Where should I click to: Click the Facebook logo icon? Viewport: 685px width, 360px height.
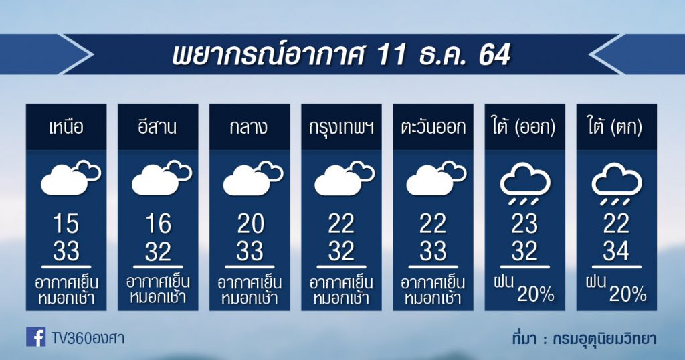click(36, 337)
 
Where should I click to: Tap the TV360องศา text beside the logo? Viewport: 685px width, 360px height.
click(88, 338)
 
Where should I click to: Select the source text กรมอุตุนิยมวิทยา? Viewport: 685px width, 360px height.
click(604, 339)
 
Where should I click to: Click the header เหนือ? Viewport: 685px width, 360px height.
click(66, 128)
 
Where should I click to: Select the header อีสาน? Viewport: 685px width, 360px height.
click(158, 126)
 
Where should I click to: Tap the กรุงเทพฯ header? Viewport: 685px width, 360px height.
click(341, 128)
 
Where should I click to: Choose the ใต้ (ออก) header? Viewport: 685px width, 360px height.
click(524, 127)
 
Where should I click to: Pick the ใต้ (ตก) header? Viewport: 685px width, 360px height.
click(616, 127)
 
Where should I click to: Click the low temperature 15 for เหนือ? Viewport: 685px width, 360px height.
click(66, 224)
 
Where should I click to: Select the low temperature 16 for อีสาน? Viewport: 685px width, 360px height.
click(158, 224)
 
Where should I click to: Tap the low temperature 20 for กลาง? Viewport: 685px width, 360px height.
click(250, 224)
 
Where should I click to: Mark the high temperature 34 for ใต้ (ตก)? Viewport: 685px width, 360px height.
click(616, 251)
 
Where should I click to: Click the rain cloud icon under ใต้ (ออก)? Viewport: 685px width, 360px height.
click(524, 184)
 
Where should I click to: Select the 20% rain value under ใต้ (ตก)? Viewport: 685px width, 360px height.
click(627, 294)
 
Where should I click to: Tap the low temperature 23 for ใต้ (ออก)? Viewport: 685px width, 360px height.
click(524, 224)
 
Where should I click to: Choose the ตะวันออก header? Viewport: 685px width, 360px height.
click(433, 128)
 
